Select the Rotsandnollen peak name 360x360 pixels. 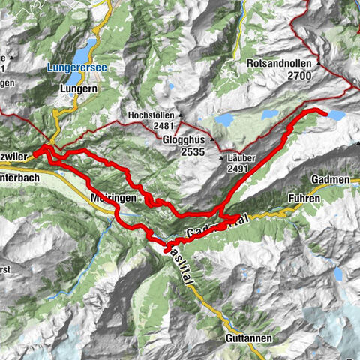point(281,64)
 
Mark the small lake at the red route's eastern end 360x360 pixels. point(336,115)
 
